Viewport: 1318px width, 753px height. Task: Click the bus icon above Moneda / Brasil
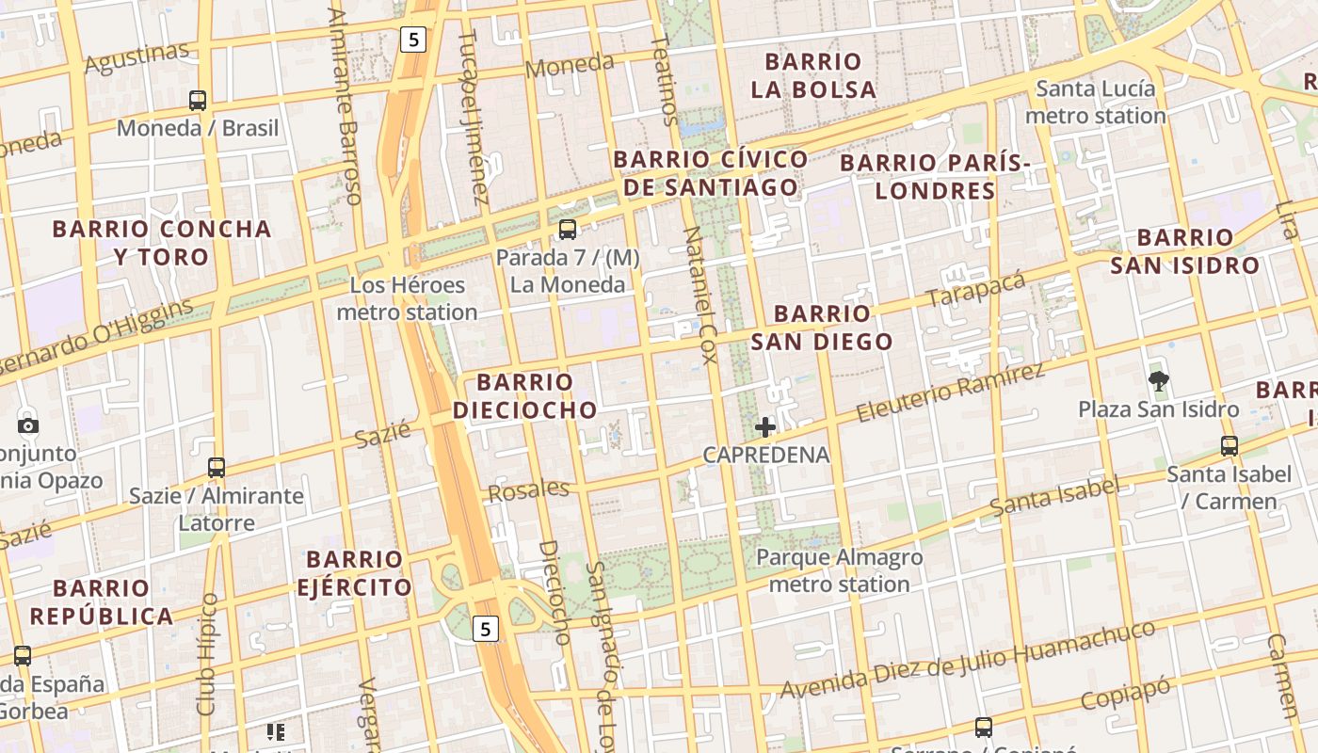(198, 100)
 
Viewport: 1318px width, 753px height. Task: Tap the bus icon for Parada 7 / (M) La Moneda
(567, 229)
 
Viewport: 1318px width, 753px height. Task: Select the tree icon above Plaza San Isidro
(1159, 381)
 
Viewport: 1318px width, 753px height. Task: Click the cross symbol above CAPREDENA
(765, 427)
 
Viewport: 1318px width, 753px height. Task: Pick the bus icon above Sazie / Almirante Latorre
(217, 467)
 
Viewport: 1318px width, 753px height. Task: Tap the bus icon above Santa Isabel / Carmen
(1229, 446)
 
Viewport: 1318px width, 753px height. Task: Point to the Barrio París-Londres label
(935, 177)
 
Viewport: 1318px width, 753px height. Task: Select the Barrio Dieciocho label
(524, 395)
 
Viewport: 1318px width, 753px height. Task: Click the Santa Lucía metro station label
(1096, 103)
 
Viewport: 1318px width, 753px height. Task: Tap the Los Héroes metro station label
(407, 298)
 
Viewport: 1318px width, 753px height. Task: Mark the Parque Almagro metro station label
(839, 570)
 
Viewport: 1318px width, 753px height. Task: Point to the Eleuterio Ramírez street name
(951, 392)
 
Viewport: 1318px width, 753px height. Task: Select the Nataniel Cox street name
(699, 296)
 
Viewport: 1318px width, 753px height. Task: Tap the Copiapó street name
(1125, 695)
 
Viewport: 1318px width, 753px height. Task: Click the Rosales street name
(528, 489)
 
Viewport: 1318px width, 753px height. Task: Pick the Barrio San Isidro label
(1184, 251)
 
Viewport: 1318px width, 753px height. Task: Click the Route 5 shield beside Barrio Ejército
(484, 629)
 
